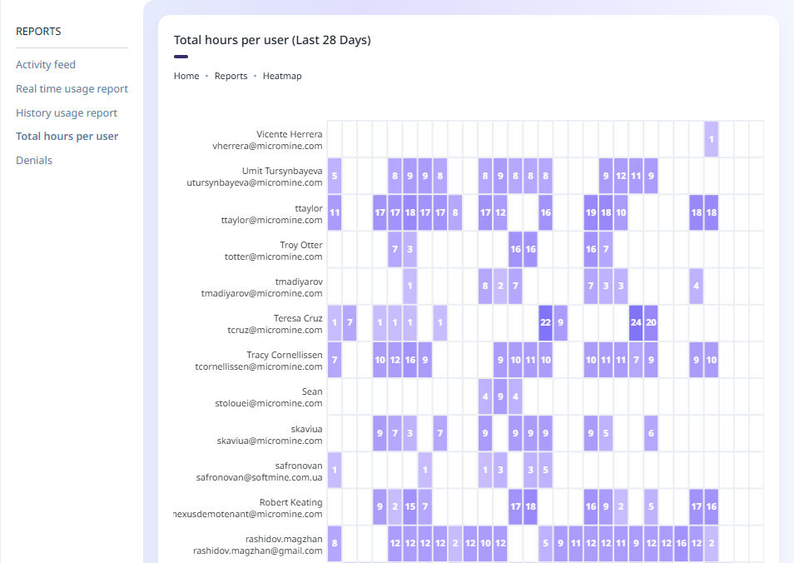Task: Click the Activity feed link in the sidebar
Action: (46, 64)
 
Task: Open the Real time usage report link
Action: (72, 88)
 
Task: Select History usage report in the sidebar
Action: (67, 112)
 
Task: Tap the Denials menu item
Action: (34, 160)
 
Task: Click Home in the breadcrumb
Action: (186, 76)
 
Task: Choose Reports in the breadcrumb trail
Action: (231, 76)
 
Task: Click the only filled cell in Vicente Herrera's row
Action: (712, 139)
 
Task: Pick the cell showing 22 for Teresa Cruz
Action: (546, 322)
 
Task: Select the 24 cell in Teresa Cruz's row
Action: (636, 322)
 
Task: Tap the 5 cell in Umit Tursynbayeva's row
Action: (335, 176)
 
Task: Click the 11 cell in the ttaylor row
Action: (335, 212)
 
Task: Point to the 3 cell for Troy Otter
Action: (410, 249)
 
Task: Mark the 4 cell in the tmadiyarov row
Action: (697, 286)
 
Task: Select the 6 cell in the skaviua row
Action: (651, 433)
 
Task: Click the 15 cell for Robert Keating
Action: (410, 506)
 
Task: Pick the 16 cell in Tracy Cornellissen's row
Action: (410, 360)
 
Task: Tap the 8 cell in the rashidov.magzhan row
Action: (335, 543)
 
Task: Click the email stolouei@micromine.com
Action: (268, 403)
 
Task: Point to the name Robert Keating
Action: (290, 503)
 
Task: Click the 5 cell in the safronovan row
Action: (546, 470)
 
